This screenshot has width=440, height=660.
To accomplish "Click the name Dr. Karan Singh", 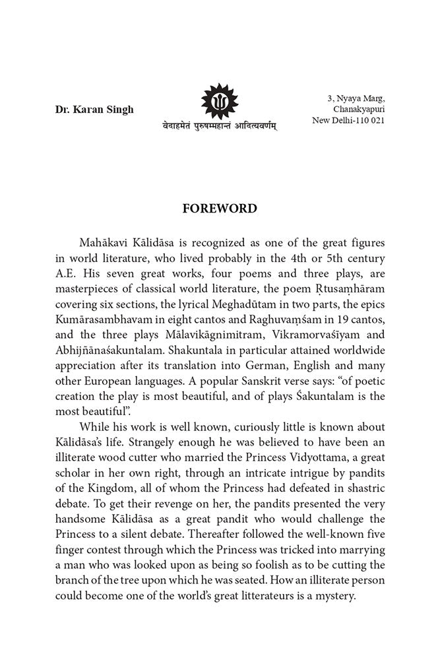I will [x=94, y=110].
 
